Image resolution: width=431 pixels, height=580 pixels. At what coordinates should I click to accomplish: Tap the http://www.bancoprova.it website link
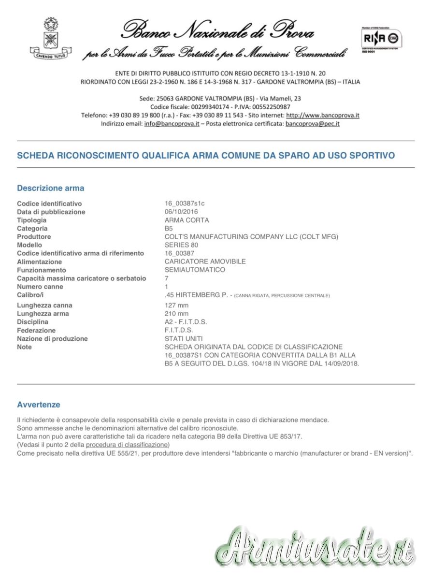point(322,116)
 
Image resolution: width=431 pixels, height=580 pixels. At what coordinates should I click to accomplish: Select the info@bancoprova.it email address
point(172,124)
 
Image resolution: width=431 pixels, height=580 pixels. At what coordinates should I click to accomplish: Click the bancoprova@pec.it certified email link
point(312,124)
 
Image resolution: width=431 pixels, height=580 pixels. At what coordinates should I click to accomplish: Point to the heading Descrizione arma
point(50,188)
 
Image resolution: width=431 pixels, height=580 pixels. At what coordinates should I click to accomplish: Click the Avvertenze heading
point(39,405)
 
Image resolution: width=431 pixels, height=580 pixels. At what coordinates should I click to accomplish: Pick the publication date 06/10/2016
point(181,212)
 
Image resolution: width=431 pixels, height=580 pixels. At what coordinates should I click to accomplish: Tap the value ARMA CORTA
point(187,220)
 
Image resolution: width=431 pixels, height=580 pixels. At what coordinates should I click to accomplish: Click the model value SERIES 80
point(181,245)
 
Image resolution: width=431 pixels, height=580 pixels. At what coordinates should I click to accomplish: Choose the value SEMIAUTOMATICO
point(195,270)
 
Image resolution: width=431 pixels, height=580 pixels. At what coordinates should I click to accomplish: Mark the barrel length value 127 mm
point(176,305)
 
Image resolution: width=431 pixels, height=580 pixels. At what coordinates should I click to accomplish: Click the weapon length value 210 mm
point(176,314)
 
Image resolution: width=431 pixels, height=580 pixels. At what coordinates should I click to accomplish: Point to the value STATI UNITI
point(184,339)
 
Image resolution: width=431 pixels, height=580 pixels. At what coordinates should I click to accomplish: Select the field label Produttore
point(34,237)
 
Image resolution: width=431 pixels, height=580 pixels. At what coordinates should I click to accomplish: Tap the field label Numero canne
point(40,287)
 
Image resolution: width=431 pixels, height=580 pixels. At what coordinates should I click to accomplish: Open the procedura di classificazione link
point(128,445)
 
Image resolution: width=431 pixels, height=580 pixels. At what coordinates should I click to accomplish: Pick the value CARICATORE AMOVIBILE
point(205,261)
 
